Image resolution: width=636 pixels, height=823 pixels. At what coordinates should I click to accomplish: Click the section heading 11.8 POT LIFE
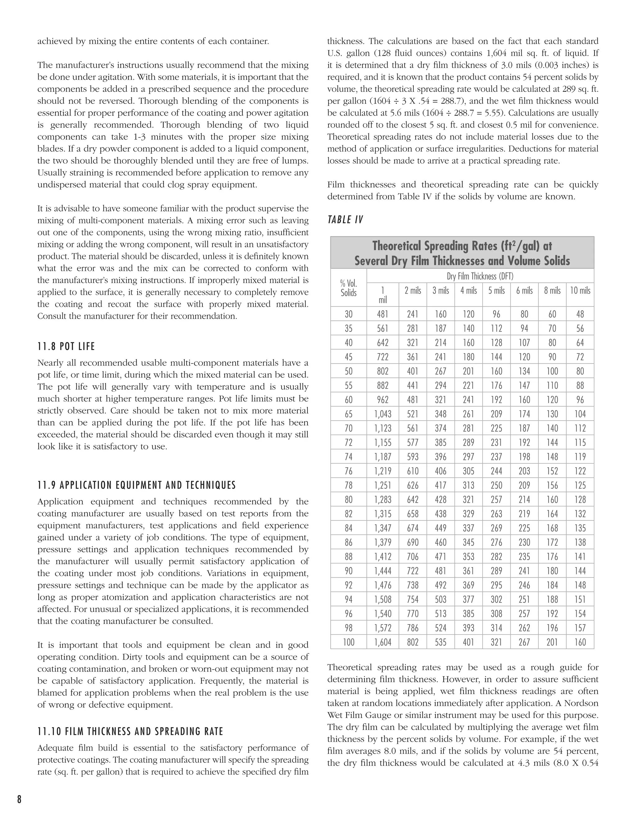coord(66,346)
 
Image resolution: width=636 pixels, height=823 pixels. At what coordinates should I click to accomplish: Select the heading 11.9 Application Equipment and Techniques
coord(136,485)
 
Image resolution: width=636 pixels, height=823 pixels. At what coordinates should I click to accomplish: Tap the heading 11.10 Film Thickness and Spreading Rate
coord(130,731)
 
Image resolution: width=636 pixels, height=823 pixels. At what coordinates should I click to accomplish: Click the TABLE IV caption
coord(345,220)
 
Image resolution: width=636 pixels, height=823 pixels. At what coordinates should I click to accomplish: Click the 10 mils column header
coord(580,291)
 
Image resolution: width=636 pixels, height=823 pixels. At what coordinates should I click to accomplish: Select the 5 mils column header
coord(496,291)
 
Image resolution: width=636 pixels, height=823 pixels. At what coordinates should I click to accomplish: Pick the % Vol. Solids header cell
coord(348,288)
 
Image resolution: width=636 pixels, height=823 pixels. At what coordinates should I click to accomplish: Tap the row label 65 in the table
coord(348,414)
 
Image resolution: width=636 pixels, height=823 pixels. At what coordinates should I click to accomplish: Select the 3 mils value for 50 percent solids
coord(440,371)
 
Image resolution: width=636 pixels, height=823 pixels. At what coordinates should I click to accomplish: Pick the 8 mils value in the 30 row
coord(552,314)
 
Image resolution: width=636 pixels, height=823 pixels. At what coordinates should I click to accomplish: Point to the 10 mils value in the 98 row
coord(580,628)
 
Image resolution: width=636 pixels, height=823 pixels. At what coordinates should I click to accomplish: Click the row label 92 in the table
coord(348,585)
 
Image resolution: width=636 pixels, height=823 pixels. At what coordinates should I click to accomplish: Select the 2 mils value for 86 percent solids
coord(413,542)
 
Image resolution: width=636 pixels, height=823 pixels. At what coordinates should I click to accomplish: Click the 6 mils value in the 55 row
coord(524,385)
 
